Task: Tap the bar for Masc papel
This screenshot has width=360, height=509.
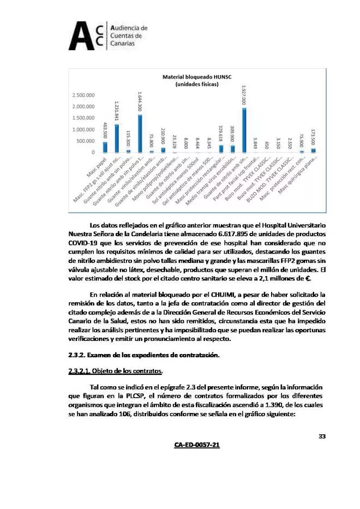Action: click(x=105, y=147)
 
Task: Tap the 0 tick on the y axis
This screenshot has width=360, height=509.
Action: click(x=93, y=152)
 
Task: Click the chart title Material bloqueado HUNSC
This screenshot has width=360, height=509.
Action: click(x=197, y=77)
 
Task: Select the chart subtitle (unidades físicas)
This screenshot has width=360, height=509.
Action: click(x=197, y=85)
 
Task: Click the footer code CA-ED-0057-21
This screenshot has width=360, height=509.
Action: click(x=197, y=445)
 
